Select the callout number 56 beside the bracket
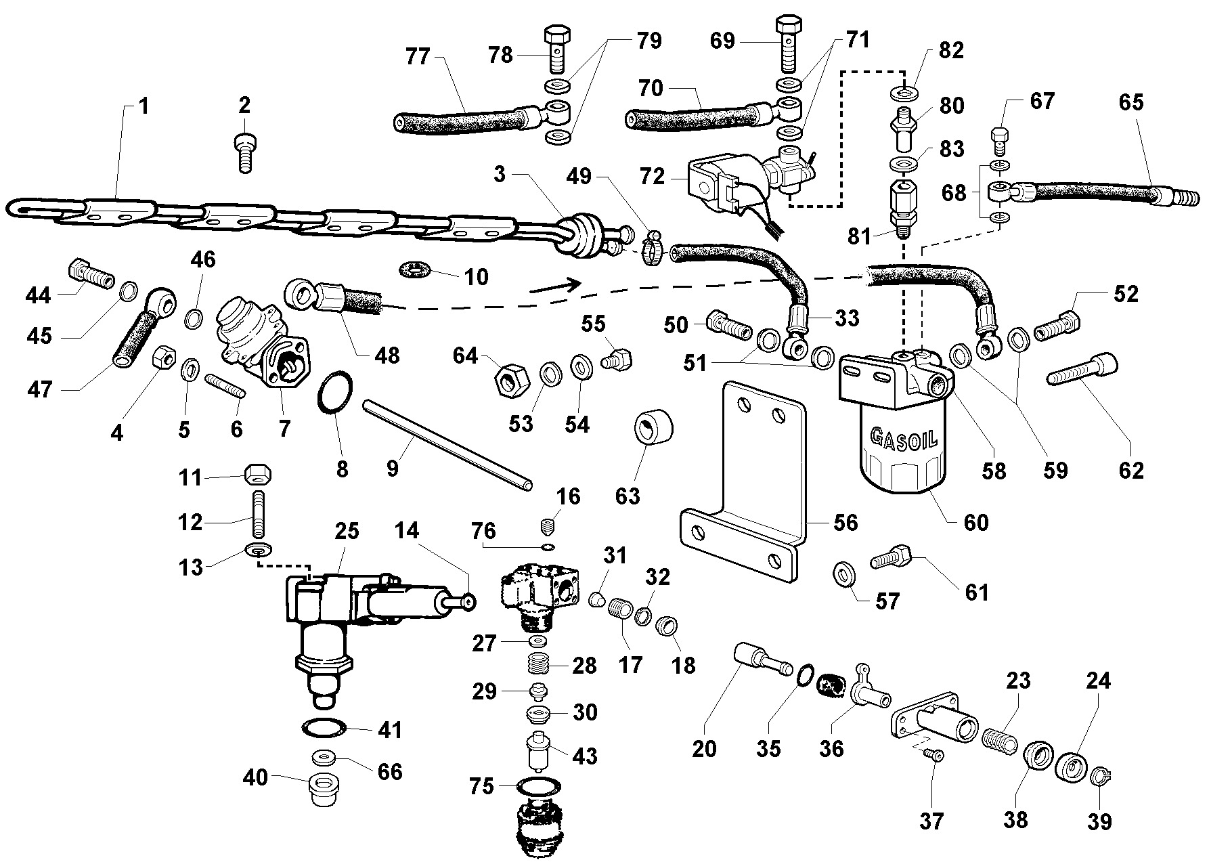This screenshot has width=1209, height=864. (x=845, y=522)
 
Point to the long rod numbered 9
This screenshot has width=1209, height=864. (x=447, y=444)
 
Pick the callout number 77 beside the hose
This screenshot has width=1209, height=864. (x=418, y=57)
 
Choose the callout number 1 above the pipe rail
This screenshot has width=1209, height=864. (x=144, y=106)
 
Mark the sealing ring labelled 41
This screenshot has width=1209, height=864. (x=323, y=729)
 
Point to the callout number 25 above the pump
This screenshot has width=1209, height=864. (x=347, y=532)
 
